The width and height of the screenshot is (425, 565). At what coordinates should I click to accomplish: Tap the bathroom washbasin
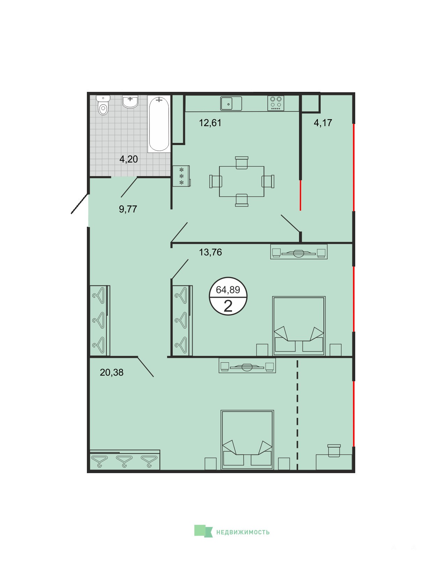pyautogui.click(x=130, y=101)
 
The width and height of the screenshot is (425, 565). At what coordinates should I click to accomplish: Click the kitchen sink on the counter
pyautogui.click(x=231, y=103)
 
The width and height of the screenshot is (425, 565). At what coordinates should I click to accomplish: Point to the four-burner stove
pyautogui.click(x=275, y=103)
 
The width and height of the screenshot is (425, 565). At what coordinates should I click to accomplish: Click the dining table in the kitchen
pyautogui.click(x=241, y=181)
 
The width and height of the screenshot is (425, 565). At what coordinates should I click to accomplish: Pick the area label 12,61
pyautogui.click(x=210, y=123)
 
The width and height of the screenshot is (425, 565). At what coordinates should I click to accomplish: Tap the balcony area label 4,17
pyautogui.click(x=323, y=123)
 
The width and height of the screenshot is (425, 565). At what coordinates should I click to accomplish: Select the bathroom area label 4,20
pyautogui.click(x=128, y=159)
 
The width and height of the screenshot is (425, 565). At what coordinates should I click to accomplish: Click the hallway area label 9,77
pyautogui.click(x=128, y=209)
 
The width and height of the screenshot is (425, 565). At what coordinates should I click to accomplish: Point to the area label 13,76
pyautogui.click(x=210, y=252)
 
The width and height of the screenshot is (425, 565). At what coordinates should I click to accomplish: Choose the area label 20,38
pyautogui.click(x=112, y=372)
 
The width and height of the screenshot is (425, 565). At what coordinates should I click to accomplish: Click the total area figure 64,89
pyautogui.click(x=228, y=290)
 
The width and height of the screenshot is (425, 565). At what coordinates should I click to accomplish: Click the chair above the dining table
pyautogui.click(x=241, y=163)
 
